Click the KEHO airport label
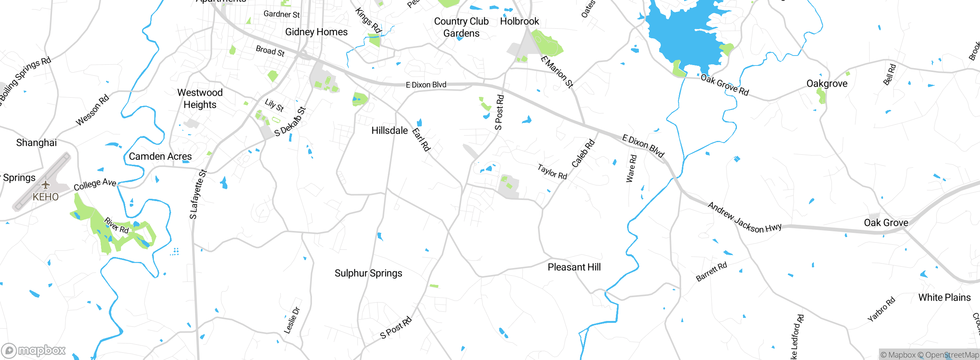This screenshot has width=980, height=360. [46, 197]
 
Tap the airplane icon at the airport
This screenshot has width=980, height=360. [46, 185]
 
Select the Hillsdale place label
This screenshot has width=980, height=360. [389, 131]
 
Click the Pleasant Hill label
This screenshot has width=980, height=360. [574, 267]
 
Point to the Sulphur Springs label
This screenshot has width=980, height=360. [368, 273]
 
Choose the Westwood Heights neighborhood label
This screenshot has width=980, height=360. [200, 99]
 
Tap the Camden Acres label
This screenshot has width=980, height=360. [160, 156]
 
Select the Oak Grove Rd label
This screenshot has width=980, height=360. [724, 85]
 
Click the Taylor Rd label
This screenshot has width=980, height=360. [552, 172]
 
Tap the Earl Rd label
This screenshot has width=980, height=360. [421, 140]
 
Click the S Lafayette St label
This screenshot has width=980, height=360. [198, 195]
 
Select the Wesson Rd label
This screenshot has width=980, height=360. [92, 110]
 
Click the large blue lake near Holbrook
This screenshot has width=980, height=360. [685, 34]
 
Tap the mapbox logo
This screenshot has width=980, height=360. [34, 350]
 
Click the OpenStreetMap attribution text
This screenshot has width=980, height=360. [951, 355]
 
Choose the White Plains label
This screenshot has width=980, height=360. [944, 298]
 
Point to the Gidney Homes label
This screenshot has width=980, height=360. [316, 32]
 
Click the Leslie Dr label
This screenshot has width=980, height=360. [292, 321]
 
